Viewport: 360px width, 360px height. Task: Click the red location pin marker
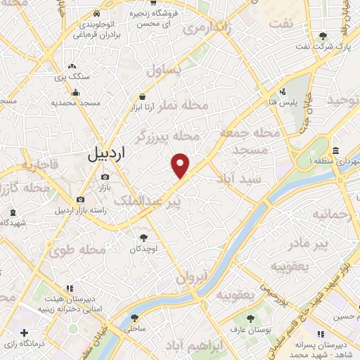[181, 165]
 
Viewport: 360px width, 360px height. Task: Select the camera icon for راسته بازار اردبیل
[81, 199]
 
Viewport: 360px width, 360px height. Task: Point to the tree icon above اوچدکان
[144, 238]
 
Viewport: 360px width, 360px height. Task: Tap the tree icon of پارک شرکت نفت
[323, 36]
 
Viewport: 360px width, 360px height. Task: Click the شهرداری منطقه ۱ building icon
[336, 151]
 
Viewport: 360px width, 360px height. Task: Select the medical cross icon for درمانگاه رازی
[25, 332]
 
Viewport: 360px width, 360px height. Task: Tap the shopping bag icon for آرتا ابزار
[143, 97]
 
